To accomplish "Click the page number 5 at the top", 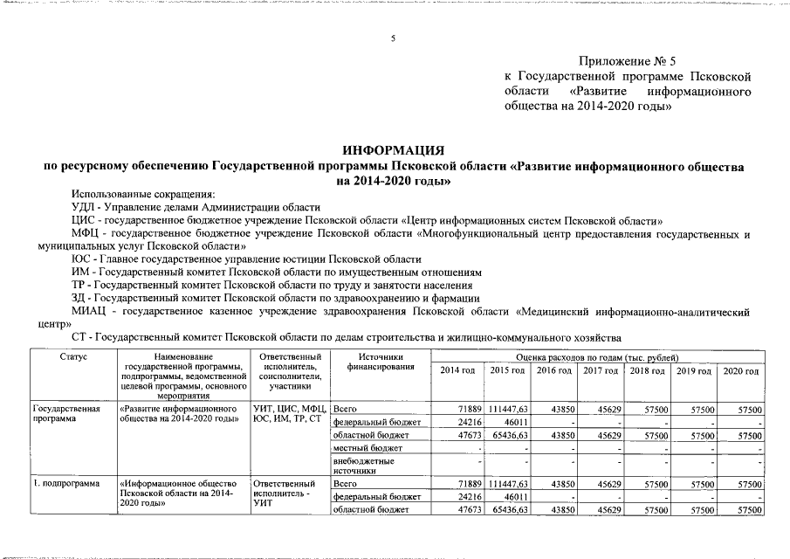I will (x=393, y=38).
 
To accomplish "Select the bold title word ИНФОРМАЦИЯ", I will (x=394, y=150).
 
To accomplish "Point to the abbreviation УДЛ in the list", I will (x=83, y=207).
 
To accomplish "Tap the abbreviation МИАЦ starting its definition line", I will (x=91, y=310).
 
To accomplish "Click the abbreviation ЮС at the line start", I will (x=80, y=259).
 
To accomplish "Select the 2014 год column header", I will (x=457, y=371).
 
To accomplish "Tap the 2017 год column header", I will (x=600, y=371).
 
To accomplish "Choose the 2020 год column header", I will (x=741, y=371).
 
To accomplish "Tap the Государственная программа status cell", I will (x=66, y=413).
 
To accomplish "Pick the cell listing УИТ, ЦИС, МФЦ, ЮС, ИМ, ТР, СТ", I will (x=288, y=413).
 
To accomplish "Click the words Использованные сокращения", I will (x=142, y=194).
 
